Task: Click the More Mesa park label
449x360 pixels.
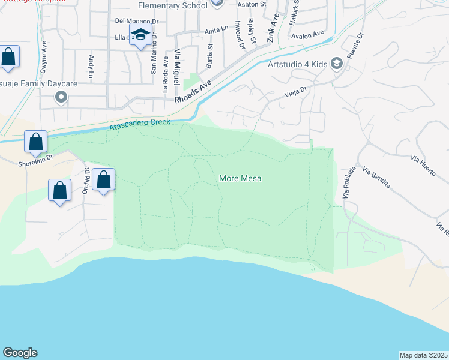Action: click(x=240, y=178)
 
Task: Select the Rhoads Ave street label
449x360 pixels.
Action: click(x=194, y=92)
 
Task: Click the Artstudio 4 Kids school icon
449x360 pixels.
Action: click(x=337, y=63)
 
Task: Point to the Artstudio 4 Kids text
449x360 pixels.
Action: click(x=297, y=63)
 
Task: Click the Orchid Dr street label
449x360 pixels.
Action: click(x=87, y=178)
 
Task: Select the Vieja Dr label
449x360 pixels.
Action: click(x=296, y=91)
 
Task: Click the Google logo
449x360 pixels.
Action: click(x=20, y=353)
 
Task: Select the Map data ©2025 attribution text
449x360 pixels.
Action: click(x=424, y=355)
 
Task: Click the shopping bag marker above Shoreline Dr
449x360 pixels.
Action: click(x=36, y=142)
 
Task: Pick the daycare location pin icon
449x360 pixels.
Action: click(x=60, y=97)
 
